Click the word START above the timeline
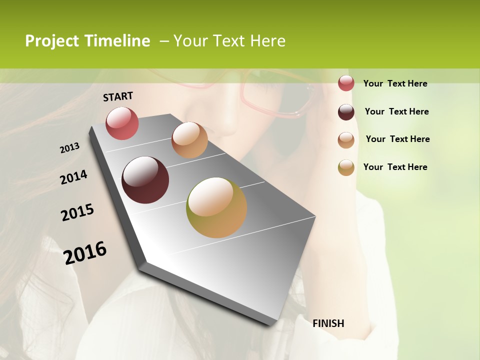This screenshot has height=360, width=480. point(118,96)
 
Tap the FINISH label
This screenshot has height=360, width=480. point(328,323)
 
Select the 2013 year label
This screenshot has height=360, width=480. point(70,148)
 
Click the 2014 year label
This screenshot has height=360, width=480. point(74,177)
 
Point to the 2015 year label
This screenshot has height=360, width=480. point(77,212)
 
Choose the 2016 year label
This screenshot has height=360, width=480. point(85,252)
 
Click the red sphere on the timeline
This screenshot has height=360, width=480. point(122,123)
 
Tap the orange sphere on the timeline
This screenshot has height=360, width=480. point(189,140)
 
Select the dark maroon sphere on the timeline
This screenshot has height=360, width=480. point(145,180)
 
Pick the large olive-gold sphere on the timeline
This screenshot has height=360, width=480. point(216,207)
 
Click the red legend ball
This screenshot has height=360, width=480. point(346,83)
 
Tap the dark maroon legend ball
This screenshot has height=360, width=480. point(346,112)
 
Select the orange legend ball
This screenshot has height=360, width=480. point(346,140)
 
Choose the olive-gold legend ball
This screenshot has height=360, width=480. point(346,167)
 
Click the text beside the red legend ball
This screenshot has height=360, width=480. point(395,83)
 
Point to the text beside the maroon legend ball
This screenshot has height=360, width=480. point(396,111)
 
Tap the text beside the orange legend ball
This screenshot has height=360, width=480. point(397,139)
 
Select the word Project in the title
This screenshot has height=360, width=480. point(52,41)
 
